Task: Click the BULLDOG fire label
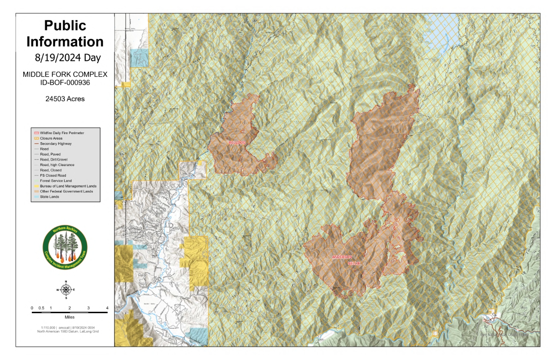pyautogui.click(x=237, y=143)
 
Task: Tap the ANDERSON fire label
pyautogui.click(x=342, y=257)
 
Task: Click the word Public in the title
pyautogui.click(x=65, y=25)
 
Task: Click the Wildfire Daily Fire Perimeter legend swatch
pyautogui.click(x=36, y=132)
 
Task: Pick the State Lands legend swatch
pyautogui.click(x=36, y=197)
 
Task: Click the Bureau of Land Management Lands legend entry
pyautogui.click(x=68, y=186)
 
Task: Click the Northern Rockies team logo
pyautogui.click(x=65, y=248)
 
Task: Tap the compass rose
pyautogui.click(x=66, y=290)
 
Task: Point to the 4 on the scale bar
pyautogui.click(x=107, y=308)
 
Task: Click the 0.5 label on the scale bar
pyautogui.click(x=41, y=308)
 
